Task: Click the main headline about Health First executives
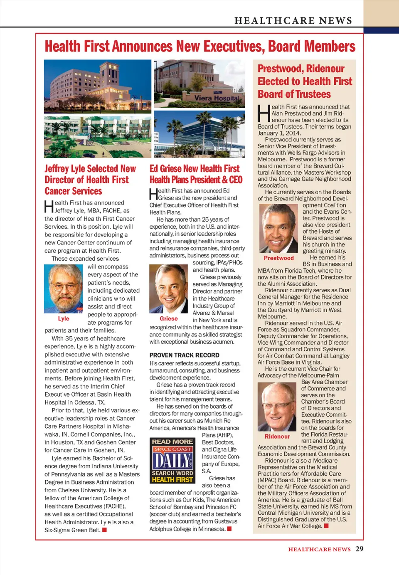coord(200,47)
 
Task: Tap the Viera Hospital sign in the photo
coord(217,98)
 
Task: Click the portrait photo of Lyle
coord(64,289)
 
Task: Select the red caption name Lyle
coord(64,318)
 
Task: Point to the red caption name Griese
coord(169,318)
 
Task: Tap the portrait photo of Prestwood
coord(278,228)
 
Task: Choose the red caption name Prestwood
coord(278,258)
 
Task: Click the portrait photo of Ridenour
coord(277,407)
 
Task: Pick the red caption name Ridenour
coord(277,437)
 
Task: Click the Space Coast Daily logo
coord(172,460)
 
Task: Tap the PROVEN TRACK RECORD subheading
coord(185,355)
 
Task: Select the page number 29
coord(360,549)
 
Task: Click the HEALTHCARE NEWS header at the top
coord(293,20)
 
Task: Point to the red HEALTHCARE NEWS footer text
coord(319,549)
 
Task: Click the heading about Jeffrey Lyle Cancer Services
coord(90,180)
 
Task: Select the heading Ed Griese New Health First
coord(196,174)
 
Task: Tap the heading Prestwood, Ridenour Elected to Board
coord(304,81)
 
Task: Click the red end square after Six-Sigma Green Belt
coord(105,530)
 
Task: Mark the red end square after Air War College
coord(326,526)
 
